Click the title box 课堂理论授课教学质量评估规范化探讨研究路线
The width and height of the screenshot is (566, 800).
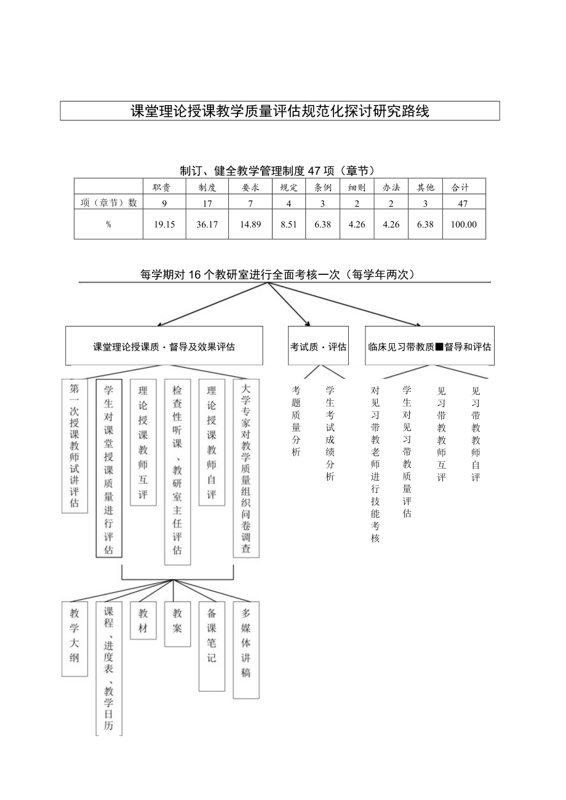(x=280, y=111)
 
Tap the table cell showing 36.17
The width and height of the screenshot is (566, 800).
(x=207, y=224)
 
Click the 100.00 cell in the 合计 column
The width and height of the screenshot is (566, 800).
(x=463, y=224)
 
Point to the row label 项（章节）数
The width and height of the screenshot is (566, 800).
(x=108, y=203)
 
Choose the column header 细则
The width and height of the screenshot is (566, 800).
(x=357, y=188)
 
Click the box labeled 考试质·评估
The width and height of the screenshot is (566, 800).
(x=318, y=346)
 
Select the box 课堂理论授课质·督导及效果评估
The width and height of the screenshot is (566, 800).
(x=164, y=346)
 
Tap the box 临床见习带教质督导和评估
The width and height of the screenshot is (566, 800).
(x=429, y=346)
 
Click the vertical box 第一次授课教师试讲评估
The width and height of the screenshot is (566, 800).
(x=74, y=446)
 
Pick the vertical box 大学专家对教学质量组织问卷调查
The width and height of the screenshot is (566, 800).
(x=246, y=469)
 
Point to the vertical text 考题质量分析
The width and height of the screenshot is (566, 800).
(x=296, y=421)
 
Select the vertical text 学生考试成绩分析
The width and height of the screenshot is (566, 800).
(x=330, y=433)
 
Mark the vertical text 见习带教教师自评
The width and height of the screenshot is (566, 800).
(x=476, y=434)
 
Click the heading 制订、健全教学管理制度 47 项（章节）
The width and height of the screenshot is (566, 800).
(x=277, y=170)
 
